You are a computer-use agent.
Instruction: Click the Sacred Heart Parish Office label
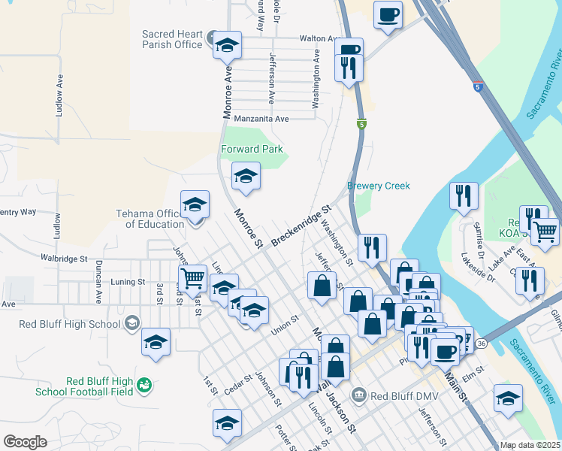tap(172, 39)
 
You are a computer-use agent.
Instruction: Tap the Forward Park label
tap(252, 149)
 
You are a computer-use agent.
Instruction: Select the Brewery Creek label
tap(379, 186)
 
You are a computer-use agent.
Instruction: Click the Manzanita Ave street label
tap(261, 119)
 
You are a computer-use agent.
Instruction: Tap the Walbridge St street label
tap(65, 258)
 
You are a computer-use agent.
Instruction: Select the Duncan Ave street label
tap(98, 280)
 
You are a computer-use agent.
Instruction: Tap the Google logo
tap(25, 442)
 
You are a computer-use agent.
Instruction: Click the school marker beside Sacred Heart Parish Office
tap(227, 46)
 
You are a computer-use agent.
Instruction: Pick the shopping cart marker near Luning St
tap(193, 277)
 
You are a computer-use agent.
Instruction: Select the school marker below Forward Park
tap(246, 177)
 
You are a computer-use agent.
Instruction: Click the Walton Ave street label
tap(316, 38)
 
